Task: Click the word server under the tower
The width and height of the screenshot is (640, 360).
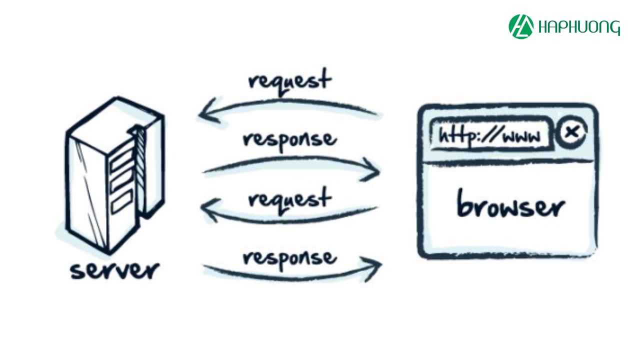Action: [x=114, y=270]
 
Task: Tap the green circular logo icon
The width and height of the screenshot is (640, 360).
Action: [x=521, y=26]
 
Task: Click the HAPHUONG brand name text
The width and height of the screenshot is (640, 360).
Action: [x=579, y=27]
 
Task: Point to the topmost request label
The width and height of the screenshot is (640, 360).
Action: [x=289, y=80]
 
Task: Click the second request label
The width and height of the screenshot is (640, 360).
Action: [x=289, y=198]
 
